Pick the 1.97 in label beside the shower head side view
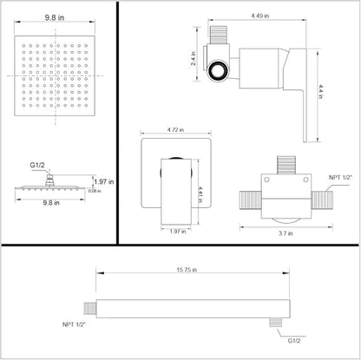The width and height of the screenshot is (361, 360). click(x=102, y=180)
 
